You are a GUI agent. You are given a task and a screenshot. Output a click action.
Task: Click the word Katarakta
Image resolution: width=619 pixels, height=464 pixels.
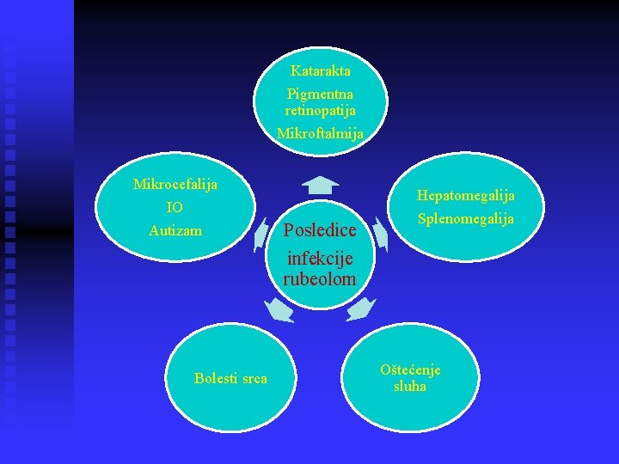tap(320, 70)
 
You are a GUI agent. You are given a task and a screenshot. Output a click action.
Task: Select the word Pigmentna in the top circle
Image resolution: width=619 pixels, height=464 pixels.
tap(320, 94)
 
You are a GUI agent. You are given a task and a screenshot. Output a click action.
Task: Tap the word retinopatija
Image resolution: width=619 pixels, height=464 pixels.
tap(320, 110)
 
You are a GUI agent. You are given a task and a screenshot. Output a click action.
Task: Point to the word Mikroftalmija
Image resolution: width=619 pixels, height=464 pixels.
tap(320, 134)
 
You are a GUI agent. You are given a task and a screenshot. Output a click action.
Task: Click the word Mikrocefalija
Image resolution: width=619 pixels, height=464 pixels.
tap(175, 185)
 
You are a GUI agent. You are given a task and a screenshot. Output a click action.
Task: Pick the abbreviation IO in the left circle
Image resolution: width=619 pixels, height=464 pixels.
tap(175, 208)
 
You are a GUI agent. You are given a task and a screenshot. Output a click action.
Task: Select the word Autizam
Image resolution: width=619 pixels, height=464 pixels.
tap(175, 230)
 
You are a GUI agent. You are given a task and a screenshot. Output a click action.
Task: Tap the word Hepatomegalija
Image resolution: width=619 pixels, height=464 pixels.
tap(466, 196)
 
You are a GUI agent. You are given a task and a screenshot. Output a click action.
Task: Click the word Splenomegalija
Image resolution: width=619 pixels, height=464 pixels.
tap(466, 219)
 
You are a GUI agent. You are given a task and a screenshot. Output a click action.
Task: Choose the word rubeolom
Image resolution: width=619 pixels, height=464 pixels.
tap(319, 278)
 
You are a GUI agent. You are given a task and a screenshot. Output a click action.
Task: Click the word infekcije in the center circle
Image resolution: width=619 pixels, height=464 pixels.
tap(320, 256)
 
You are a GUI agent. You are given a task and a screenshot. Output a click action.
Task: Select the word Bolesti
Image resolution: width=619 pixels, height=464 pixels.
tap(216, 379)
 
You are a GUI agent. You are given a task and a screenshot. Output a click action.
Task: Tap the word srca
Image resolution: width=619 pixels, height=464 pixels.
tap(254, 379)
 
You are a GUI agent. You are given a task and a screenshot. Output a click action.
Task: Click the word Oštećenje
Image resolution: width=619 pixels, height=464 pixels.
tap(410, 370)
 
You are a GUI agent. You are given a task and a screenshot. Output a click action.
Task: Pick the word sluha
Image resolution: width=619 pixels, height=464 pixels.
tap(410, 387)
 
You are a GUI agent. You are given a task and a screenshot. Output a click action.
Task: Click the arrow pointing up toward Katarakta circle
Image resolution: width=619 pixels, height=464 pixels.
tap(320, 184)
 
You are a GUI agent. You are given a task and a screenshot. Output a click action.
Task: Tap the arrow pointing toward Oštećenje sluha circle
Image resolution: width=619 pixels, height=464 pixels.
tap(361, 308)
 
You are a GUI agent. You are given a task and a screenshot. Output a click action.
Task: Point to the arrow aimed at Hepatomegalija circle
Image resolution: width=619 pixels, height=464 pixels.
tap(382, 234)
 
